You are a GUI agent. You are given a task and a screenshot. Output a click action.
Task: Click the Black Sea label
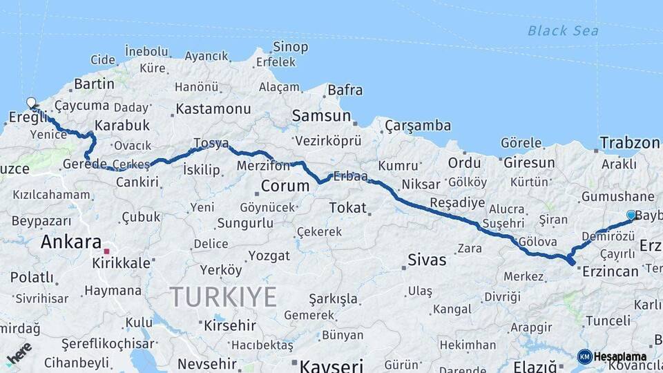tap(563, 30)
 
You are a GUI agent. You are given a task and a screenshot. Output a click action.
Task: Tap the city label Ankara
tap(71, 242)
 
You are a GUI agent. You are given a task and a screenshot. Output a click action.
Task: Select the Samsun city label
tap(321, 116)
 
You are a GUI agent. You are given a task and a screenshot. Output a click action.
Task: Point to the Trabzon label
tap(630, 143)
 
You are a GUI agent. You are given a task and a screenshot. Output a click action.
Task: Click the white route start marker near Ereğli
tap(31, 103)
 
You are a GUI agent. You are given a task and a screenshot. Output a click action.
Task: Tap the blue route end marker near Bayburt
tap(631, 215)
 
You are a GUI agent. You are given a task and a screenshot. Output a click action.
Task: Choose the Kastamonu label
tap(213, 109)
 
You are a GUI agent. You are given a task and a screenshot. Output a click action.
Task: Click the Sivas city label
tap(427, 260)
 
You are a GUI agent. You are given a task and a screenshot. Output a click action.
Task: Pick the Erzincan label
tap(610, 271)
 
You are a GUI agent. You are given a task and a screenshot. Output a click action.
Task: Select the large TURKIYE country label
tap(224, 297)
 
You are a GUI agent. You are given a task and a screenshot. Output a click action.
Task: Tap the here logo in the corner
tap(19, 353)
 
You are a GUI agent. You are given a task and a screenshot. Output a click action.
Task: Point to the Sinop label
tap(290, 47)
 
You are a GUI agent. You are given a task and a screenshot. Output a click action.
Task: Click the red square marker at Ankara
tap(106, 251)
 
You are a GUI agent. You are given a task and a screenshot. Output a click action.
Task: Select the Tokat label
tap(347, 207)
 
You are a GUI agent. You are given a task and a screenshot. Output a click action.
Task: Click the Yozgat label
tap(269, 256)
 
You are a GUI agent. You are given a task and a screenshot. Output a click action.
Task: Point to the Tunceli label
tap(608, 321)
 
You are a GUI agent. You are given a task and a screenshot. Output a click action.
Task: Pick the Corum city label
tap(285, 186)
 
